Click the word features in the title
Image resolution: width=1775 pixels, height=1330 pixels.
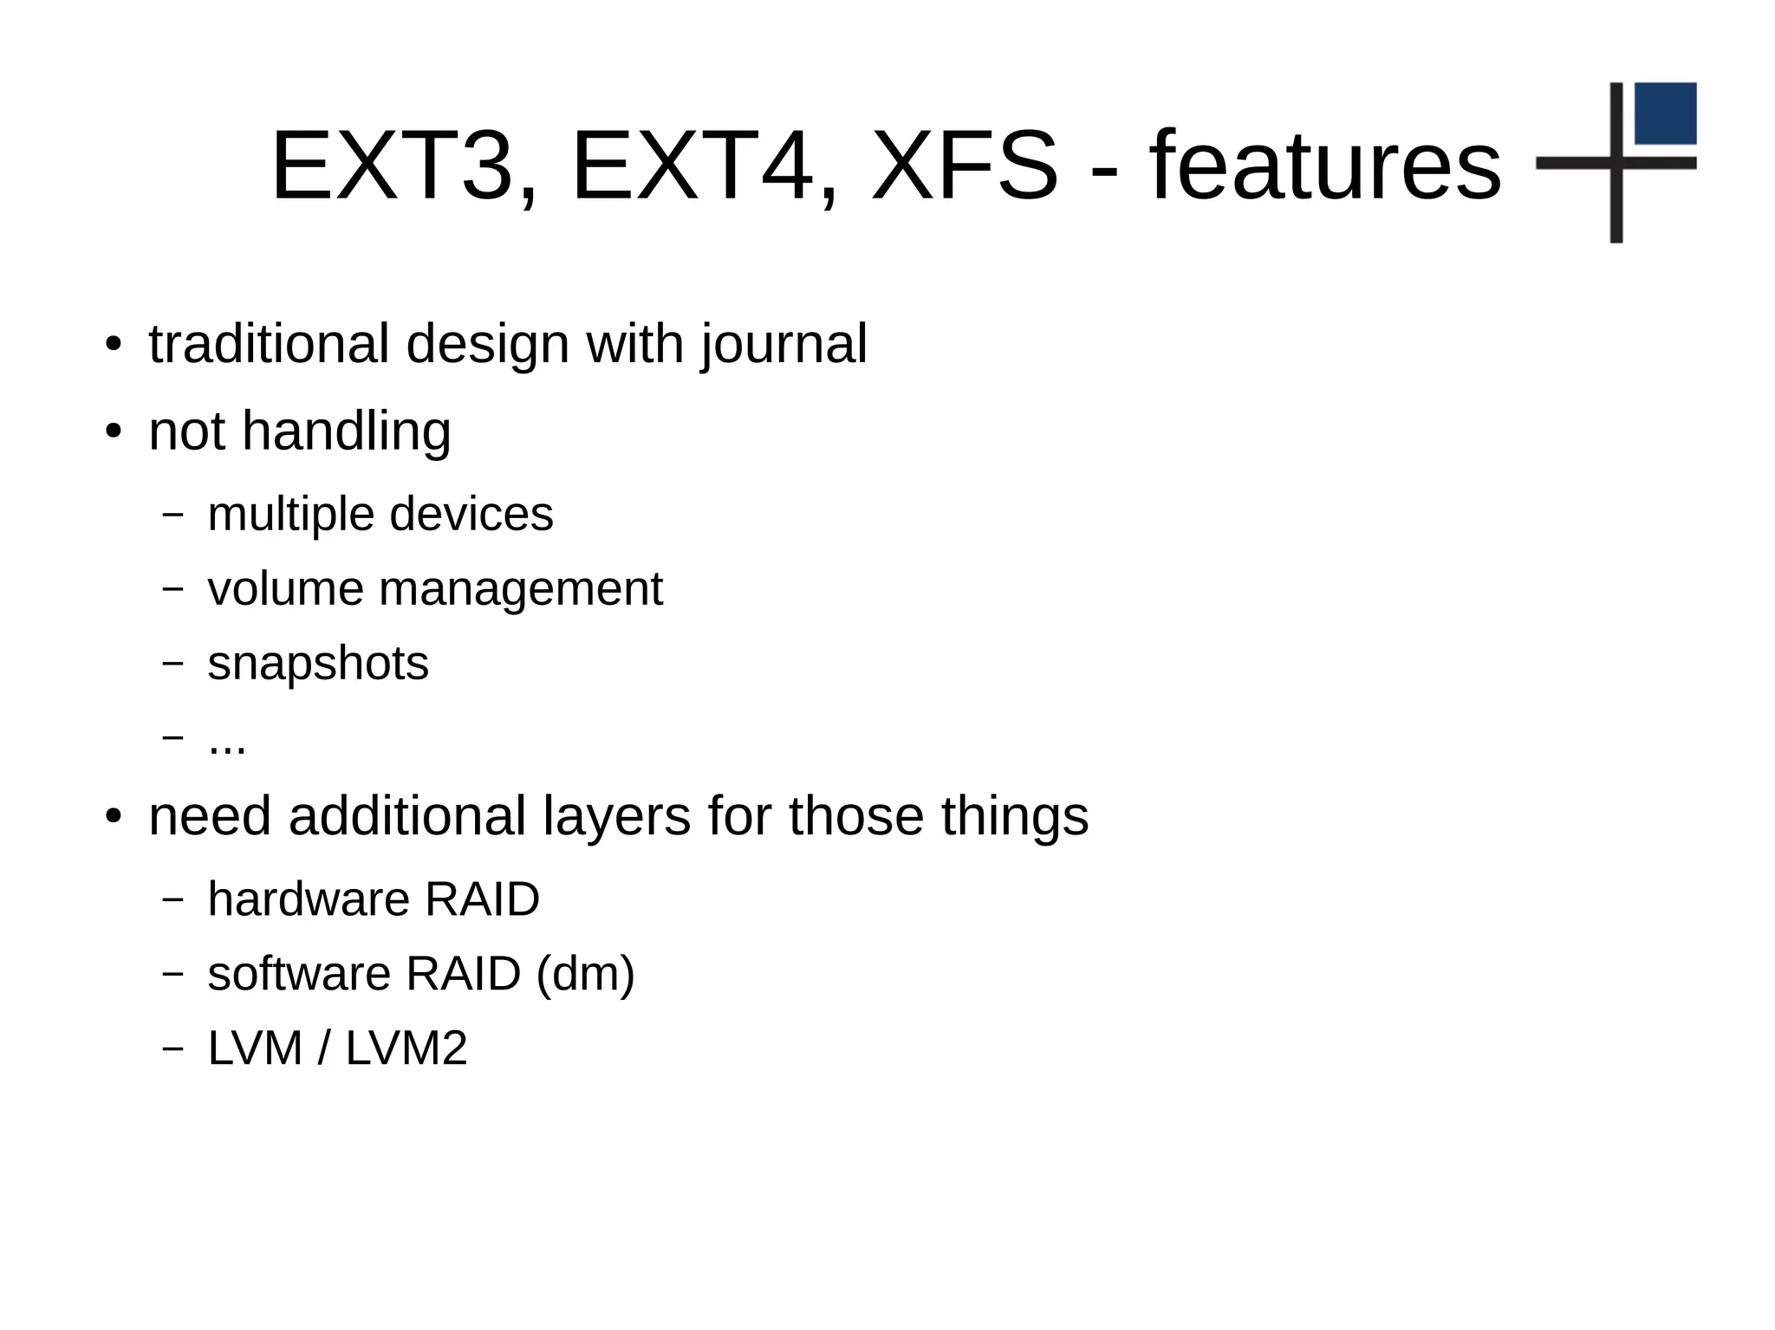[1325, 165]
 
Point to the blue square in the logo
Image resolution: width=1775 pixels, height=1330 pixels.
[1665, 114]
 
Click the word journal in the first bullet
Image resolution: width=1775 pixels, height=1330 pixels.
[783, 345]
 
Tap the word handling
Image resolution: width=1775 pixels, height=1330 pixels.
[346, 431]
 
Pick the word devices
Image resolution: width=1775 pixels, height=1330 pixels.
[471, 514]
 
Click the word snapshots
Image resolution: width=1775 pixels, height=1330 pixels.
[318, 665]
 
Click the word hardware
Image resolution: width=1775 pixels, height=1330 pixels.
[308, 899]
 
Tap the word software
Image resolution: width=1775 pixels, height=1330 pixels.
[299, 973]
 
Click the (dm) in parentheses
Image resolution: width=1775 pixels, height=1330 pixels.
[586, 974]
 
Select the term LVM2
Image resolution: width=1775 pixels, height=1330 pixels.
[406, 1048]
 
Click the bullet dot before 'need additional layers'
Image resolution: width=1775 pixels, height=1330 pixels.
[113, 817]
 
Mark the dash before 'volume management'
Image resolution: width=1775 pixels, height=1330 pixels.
[173, 588]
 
